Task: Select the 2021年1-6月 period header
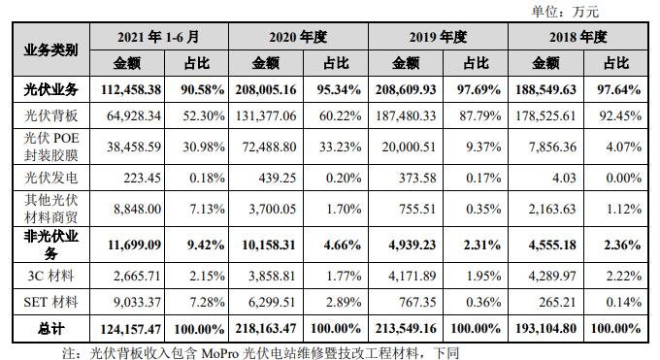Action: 159,37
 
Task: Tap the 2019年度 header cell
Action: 439,37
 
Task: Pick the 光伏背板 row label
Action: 50,115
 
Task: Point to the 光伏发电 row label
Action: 50,180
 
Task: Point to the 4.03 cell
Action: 562,180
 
